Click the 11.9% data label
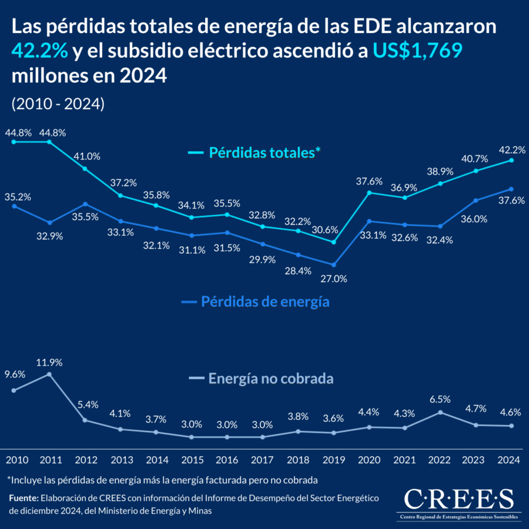pos(49,362)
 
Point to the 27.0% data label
pos(334,279)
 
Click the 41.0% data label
pos(87,156)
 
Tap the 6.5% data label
pos(440,399)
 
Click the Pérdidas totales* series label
pos(264,153)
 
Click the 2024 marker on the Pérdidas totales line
pos(511,160)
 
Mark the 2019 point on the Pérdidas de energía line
pos(334,264)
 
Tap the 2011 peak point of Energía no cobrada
pos(49,374)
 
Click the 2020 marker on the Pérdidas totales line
pos(370,192)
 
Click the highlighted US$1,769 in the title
pos(417,51)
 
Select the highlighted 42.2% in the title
pos(40,51)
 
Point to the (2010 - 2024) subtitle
pos(58,103)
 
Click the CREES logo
pos(459,503)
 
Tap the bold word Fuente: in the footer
pos(23,498)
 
